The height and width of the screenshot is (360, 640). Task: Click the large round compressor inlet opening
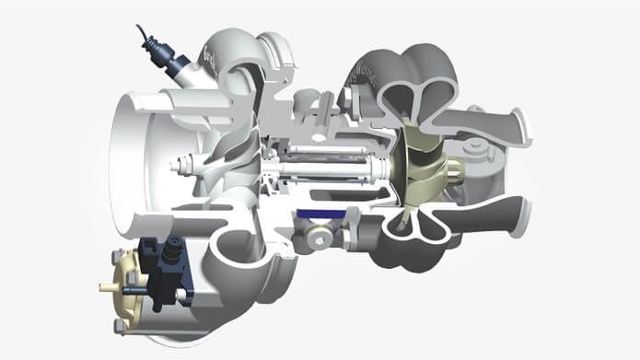[138, 166]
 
